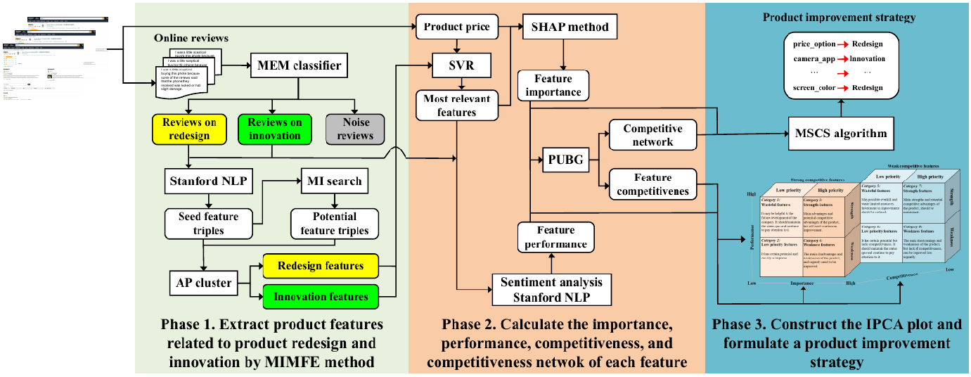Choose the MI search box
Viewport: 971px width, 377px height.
(x=335, y=181)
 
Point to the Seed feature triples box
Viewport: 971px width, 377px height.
(x=208, y=224)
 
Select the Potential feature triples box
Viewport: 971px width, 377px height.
(x=335, y=224)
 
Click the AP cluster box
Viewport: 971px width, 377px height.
(x=202, y=283)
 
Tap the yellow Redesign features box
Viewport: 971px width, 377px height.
(x=320, y=267)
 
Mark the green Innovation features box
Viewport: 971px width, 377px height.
(x=320, y=296)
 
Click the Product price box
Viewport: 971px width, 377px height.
(x=456, y=27)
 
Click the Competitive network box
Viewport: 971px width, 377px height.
(x=652, y=135)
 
